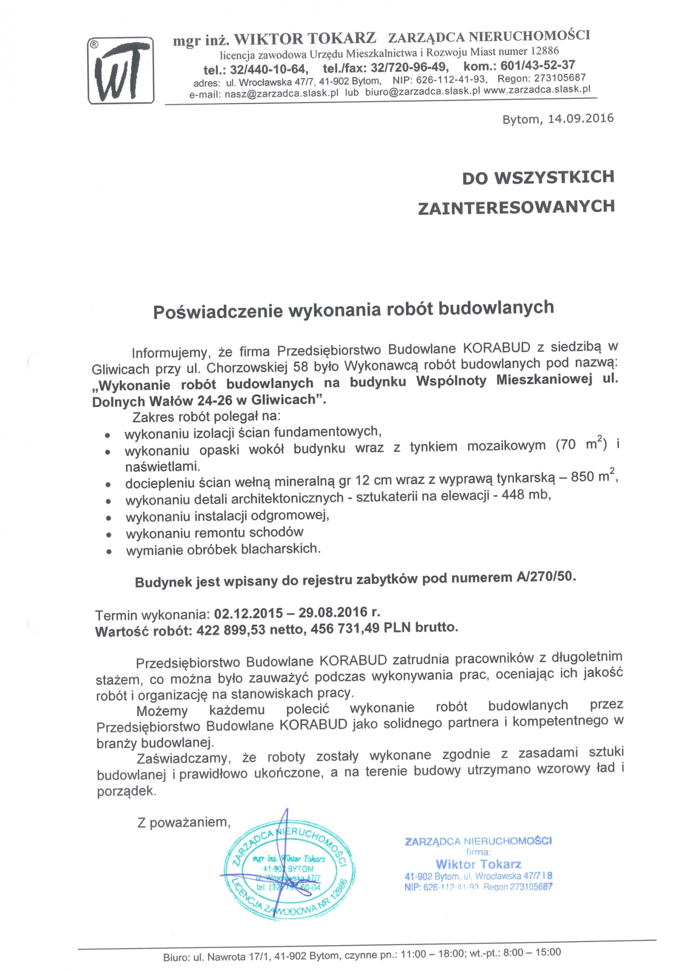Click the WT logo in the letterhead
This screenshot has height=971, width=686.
pyautogui.click(x=121, y=71)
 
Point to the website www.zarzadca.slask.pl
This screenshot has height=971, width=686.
pyautogui.click(x=537, y=89)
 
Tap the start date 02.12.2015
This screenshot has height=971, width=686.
pyautogui.click(x=248, y=614)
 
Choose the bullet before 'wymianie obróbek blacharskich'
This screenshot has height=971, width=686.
pyautogui.click(x=110, y=552)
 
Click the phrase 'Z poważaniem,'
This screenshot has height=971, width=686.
pyautogui.click(x=184, y=822)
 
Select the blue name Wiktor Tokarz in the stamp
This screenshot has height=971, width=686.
pyautogui.click(x=478, y=864)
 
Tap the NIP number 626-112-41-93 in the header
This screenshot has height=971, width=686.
pyautogui.click(x=451, y=79)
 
